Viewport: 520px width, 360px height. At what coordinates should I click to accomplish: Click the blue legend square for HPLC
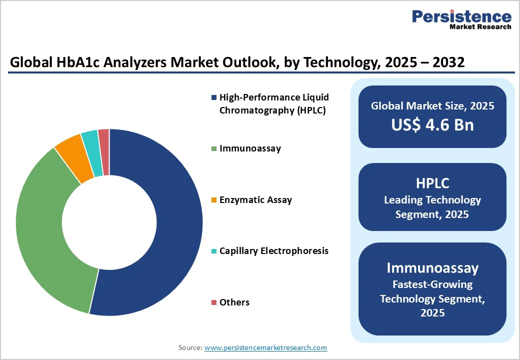(214, 97)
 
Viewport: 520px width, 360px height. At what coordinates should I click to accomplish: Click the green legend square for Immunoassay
(214, 148)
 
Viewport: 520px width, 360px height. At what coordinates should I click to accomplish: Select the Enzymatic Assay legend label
(255, 200)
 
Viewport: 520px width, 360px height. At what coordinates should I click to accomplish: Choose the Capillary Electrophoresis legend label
(273, 251)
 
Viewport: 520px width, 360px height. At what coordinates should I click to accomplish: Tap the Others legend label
(234, 302)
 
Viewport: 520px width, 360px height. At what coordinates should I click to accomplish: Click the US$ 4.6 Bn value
(432, 124)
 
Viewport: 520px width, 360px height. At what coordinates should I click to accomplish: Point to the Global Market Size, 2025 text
(432, 106)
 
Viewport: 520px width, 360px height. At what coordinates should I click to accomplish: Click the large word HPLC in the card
(432, 183)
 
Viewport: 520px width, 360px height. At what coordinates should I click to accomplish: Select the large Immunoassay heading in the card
(432, 267)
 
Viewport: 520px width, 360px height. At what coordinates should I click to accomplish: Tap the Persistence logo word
(461, 16)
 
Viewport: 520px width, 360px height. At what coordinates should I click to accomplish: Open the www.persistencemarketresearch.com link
(265, 347)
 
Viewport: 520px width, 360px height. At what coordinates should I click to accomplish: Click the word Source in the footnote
(190, 347)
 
